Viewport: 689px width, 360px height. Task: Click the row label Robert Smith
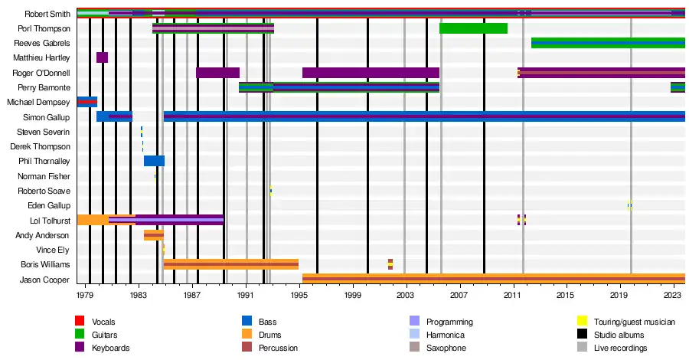[47, 14]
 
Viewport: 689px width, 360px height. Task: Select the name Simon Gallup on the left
[50, 117]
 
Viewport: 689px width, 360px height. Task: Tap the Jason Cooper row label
[49, 279]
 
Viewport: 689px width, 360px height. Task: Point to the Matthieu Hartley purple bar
[102, 57]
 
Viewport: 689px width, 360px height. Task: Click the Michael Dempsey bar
[87, 102]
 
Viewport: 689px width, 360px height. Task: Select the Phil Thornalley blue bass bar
[154, 161]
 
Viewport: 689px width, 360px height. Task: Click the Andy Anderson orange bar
[153, 234]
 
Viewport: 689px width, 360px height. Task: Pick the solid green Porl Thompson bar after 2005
[473, 28]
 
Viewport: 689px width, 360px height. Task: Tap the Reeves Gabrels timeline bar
[608, 43]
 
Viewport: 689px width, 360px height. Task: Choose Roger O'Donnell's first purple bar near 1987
[217, 73]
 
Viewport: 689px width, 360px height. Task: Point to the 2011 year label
[513, 295]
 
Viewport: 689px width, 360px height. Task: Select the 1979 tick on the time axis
[85, 295]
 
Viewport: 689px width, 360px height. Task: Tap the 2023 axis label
[673, 295]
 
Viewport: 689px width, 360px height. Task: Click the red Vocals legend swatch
[79, 322]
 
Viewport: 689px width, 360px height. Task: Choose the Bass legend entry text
[267, 322]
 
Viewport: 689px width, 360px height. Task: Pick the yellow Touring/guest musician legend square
[582, 322]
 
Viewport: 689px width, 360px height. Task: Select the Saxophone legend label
[446, 348]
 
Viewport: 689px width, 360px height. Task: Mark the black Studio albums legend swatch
[582, 335]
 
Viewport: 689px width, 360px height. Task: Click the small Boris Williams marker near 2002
[390, 264]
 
